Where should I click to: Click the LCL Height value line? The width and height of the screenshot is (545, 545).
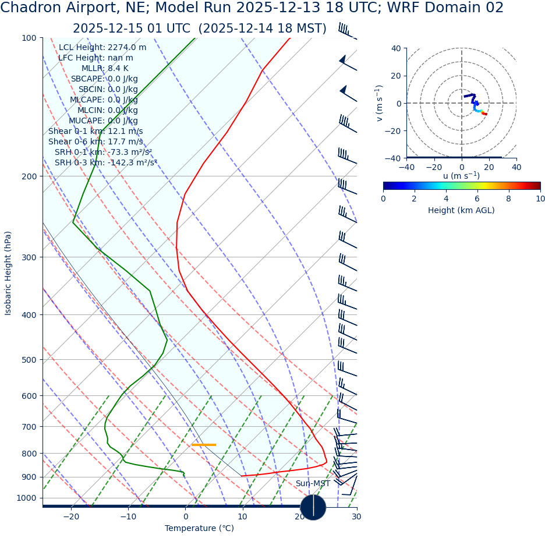pos(102,48)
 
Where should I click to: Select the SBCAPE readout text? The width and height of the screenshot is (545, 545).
pos(104,79)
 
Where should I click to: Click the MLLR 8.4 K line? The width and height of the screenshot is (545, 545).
pos(105,69)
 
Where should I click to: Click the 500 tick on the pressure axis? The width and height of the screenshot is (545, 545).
pos(29,360)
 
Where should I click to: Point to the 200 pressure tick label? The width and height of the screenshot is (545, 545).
pos(29,176)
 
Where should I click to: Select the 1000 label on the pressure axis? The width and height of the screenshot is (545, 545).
pos(26,498)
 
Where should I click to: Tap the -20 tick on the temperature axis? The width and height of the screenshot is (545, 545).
pos(71,516)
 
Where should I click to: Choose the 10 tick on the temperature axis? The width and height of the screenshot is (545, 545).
pos(242,516)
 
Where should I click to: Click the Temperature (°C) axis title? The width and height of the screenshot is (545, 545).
pos(199,529)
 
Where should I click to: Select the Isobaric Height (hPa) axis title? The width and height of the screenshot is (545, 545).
pos(8,273)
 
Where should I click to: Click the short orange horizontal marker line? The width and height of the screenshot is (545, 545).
pos(204,445)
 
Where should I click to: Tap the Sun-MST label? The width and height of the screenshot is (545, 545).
pos(313,484)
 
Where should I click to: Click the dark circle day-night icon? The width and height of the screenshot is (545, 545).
pos(313,507)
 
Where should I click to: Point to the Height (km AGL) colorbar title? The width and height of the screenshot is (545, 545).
pos(461,210)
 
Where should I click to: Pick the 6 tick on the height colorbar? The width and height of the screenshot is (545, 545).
pos(477,199)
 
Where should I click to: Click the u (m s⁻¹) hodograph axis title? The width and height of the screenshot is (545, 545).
pos(461,176)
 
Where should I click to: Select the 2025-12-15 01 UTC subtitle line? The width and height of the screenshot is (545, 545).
pos(199,29)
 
